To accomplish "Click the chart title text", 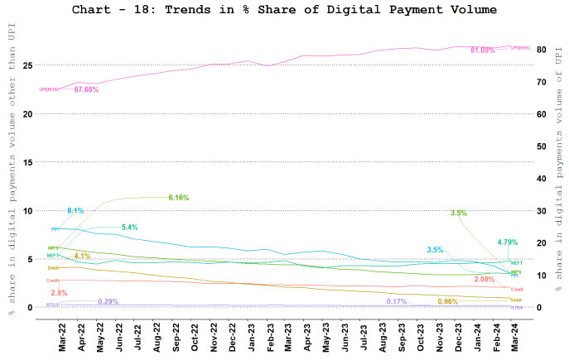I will [284, 10].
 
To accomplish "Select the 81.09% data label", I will [482, 50].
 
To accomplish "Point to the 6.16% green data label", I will [179, 198].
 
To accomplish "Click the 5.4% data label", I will [129, 227].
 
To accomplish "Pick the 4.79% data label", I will [508, 242].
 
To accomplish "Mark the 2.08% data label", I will [485, 280].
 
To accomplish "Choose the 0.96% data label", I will [448, 301].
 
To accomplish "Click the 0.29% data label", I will [108, 301].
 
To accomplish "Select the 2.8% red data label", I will [59, 293].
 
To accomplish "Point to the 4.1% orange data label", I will [82, 256].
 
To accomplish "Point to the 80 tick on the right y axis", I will [541, 50].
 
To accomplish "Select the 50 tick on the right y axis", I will [541, 146].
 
